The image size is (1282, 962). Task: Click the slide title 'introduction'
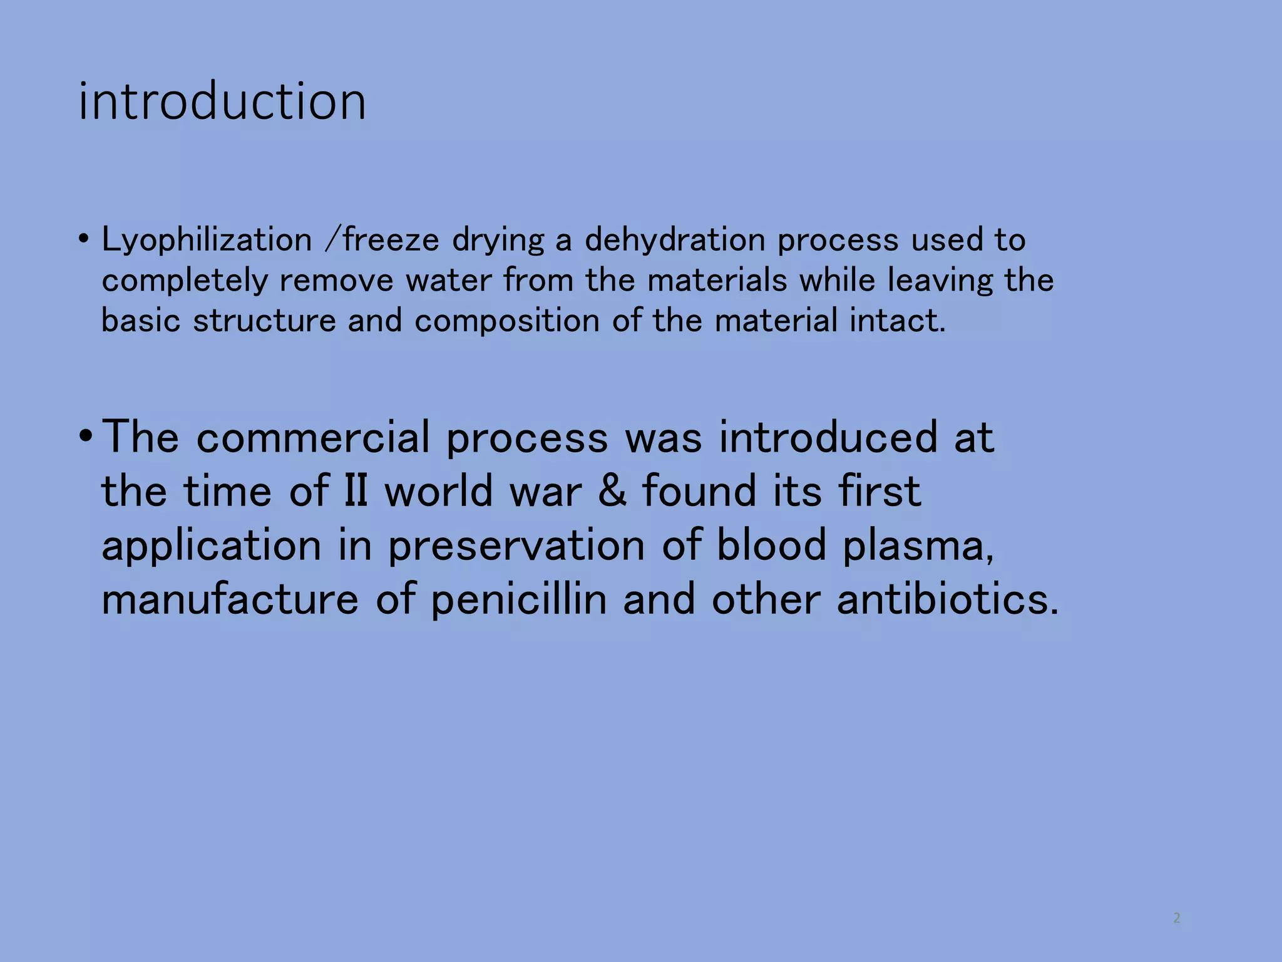pos(222,101)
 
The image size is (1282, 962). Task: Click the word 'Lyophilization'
pos(207,240)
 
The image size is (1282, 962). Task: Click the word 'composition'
pos(506,321)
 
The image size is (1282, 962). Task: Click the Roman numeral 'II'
pos(356,491)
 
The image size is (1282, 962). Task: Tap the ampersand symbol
pos(612,491)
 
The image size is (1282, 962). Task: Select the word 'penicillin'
pos(519,600)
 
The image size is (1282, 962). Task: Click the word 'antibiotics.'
pos(948,599)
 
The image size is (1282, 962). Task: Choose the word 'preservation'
pos(516,546)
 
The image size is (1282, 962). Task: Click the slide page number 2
pos(1177,918)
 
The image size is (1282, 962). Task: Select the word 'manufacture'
pos(230,600)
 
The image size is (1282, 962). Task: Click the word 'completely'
pos(185,281)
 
